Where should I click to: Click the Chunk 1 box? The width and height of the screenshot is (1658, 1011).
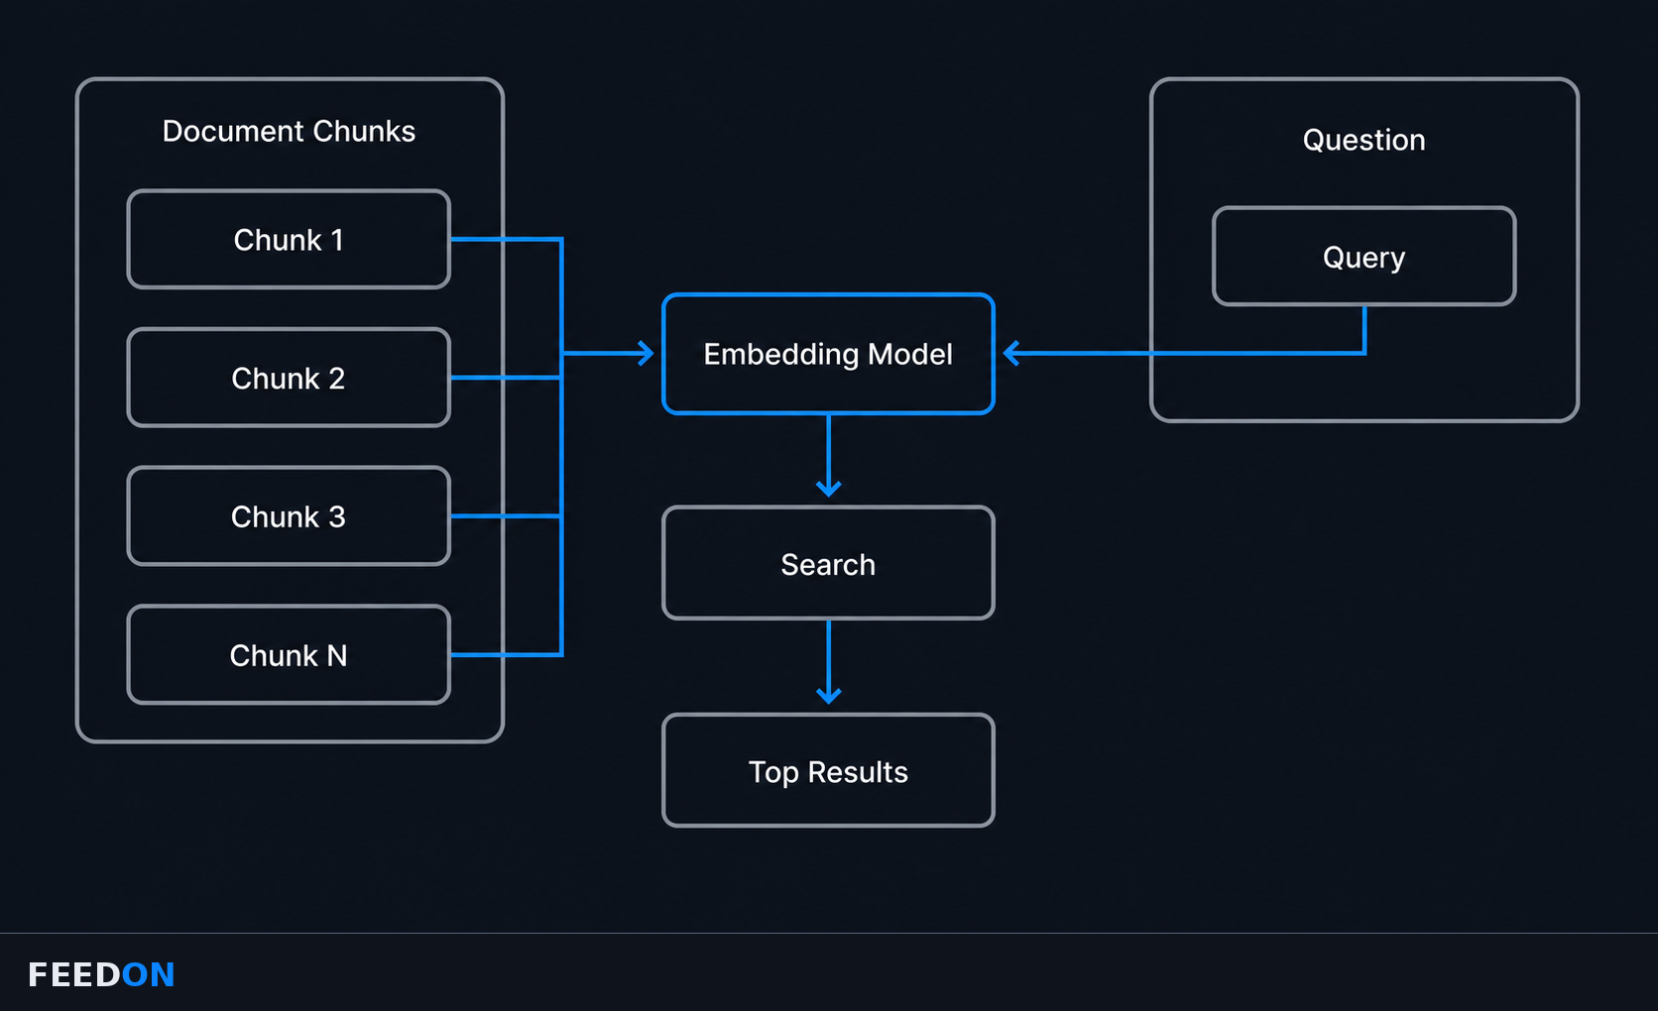point(289,240)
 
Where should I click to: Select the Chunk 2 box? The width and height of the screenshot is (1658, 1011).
point(289,378)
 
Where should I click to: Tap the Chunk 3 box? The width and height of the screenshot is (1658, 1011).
point(289,516)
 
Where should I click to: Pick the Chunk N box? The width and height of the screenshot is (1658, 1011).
point(289,654)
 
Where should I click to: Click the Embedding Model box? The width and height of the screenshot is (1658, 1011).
point(828,354)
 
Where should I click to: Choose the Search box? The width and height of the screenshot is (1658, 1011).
point(828,564)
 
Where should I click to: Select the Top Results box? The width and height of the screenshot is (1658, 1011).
point(828,770)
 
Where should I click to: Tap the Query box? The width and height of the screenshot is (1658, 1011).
point(1364,256)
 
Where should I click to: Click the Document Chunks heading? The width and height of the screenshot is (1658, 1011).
point(289,131)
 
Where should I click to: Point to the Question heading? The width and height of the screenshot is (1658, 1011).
point(1364,140)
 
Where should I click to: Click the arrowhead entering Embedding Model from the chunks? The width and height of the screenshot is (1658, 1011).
point(646,353)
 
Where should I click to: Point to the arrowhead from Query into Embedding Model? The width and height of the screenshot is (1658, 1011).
point(1011,353)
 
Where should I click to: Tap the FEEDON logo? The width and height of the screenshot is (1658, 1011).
point(101,974)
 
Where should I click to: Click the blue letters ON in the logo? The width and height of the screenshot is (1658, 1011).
point(148,974)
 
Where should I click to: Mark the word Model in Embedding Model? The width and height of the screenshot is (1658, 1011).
point(909,354)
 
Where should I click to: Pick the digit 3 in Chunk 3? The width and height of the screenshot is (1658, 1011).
point(337,517)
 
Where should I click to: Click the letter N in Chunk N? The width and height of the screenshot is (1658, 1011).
point(337,655)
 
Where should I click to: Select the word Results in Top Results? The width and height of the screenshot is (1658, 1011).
point(858,772)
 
